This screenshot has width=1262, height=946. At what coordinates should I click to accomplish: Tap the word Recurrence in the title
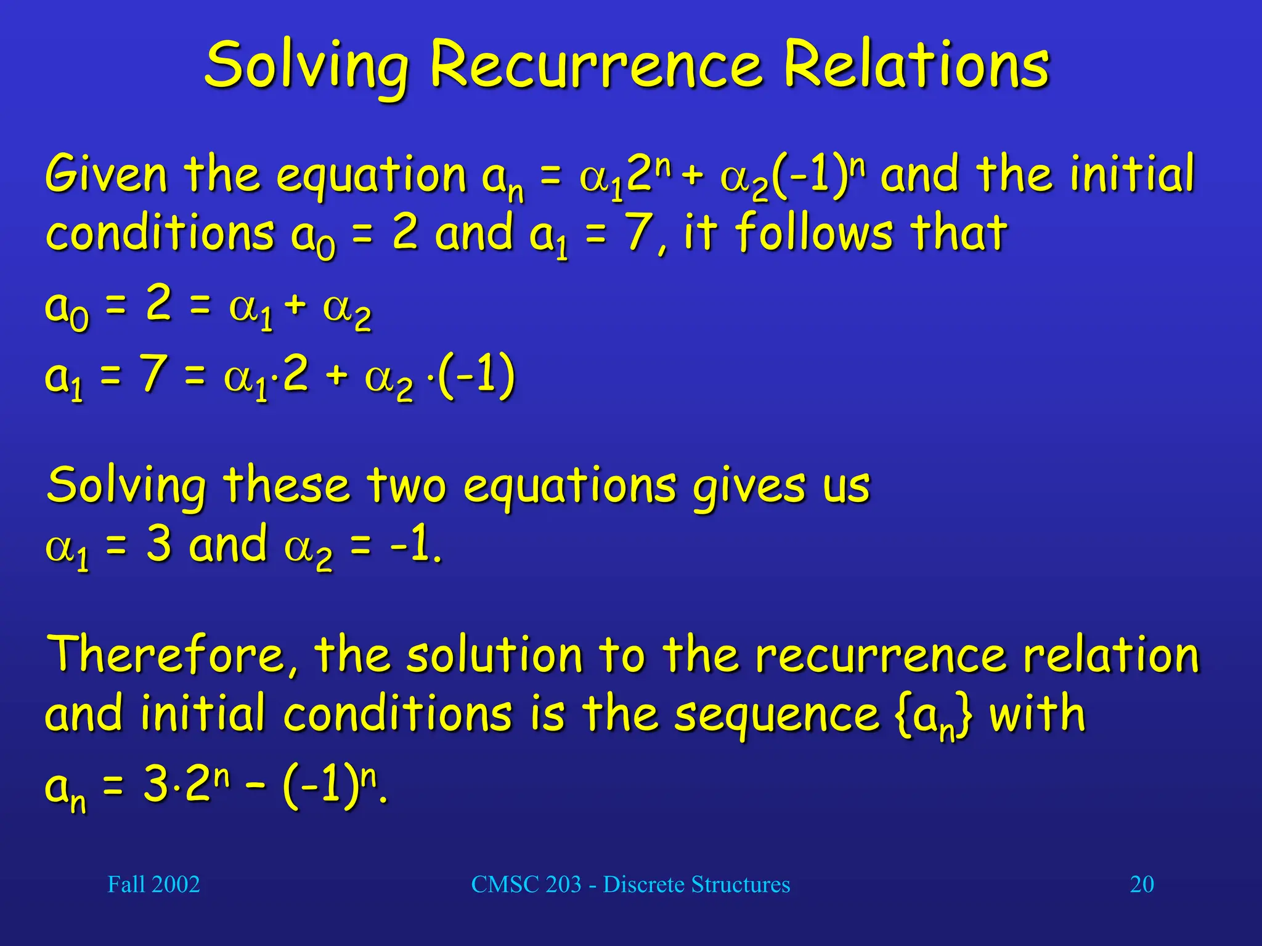595,65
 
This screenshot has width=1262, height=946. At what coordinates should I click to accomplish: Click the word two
407,485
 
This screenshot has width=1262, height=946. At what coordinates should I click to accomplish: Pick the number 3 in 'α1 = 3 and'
159,543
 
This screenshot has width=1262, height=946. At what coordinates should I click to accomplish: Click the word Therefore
173,655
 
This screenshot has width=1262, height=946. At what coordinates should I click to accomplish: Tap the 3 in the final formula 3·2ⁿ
156,785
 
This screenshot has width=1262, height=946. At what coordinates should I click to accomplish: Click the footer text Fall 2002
153,884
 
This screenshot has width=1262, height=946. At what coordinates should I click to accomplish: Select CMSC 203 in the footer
526,884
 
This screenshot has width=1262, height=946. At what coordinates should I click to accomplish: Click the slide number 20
1141,884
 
